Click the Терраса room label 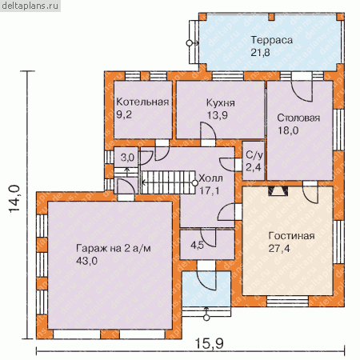click(x=271, y=40)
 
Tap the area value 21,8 click(x=260, y=53)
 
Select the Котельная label click(x=142, y=102)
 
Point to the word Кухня click(x=221, y=103)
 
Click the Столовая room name click(x=298, y=118)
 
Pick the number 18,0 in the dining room click(x=288, y=130)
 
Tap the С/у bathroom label click(x=254, y=155)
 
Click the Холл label click(x=211, y=178)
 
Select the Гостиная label click(x=291, y=236)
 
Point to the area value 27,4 click(x=279, y=249)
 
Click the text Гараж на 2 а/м click(x=114, y=249)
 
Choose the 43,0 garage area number click(x=86, y=261)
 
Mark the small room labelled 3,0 click(x=127, y=158)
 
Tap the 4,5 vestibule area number click(x=197, y=245)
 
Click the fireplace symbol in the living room click(x=278, y=191)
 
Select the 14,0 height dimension click(x=14, y=198)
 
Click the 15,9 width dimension click(x=210, y=343)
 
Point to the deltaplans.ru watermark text click(x=30, y=6)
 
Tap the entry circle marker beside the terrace click(x=189, y=42)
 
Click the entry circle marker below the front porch click(x=206, y=318)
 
